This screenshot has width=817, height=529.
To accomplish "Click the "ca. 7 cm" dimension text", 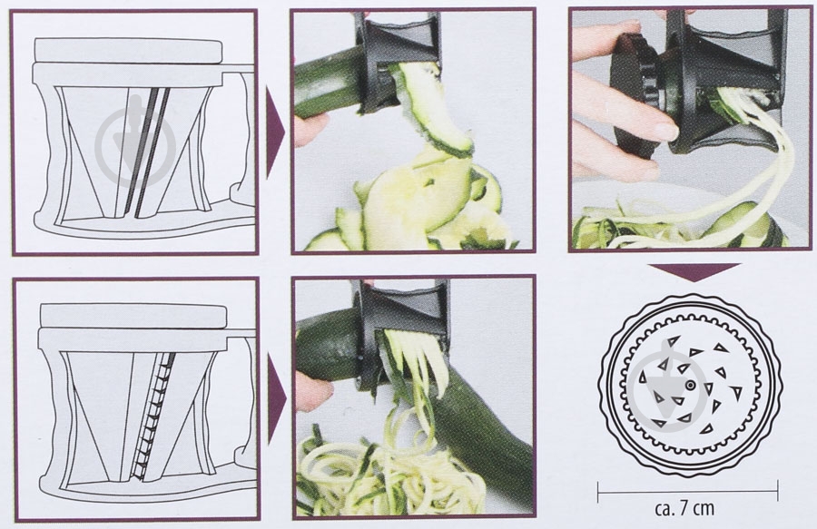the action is coord(684,508).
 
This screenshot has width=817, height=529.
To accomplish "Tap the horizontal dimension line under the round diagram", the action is coord(687,489).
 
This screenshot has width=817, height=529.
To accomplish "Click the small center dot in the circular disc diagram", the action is coord(690,386).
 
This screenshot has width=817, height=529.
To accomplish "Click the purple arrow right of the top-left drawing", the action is coord(274,132).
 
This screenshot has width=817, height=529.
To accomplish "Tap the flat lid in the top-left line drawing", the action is coord(128,51).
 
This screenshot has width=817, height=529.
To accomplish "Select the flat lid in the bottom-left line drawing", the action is coord(133,317).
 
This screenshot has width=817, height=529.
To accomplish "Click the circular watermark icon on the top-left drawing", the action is coord(135,142).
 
